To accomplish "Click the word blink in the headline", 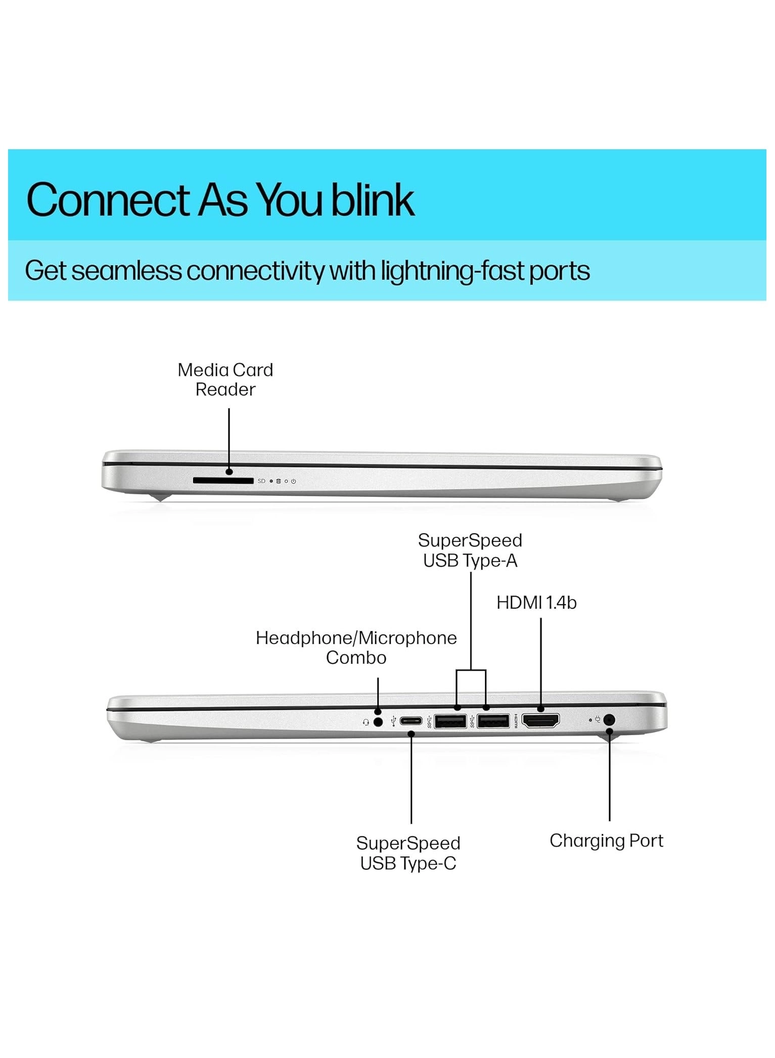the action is point(373,199).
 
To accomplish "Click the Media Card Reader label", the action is point(225,379).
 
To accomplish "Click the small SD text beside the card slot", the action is point(261,481).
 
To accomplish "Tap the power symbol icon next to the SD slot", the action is point(293,481).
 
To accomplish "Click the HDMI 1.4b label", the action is point(536,603).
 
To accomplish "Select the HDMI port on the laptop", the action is point(540,720).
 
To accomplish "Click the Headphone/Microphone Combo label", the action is point(356,648).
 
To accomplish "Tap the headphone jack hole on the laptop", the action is point(378,722).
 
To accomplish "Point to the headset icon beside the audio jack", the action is point(366,723).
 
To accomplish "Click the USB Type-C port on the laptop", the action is point(411,721).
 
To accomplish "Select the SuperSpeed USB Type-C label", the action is point(408,853).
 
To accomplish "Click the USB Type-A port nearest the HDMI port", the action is point(493,721).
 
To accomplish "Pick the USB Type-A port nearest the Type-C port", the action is point(450,721).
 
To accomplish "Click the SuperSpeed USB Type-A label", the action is point(470,551).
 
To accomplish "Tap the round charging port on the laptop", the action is point(609,719).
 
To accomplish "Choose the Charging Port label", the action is point(606,841).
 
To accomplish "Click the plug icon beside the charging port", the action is point(598,719).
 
